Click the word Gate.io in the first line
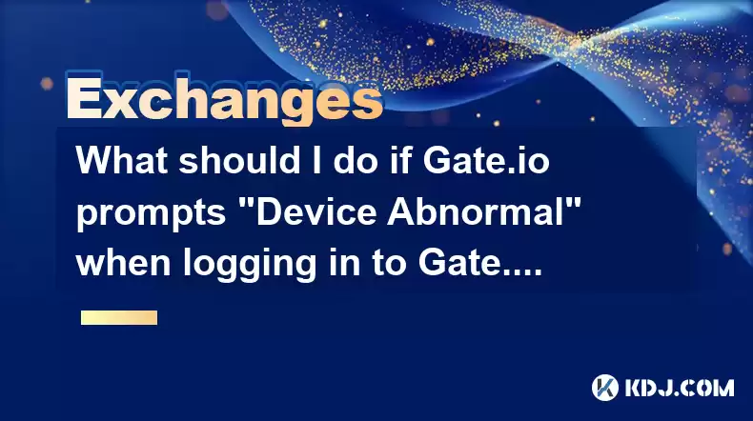point(486,160)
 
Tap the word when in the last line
point(123,264)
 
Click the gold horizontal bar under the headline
point(119,317)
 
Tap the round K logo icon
point(605,388)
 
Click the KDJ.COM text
point(680,388)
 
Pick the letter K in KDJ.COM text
point(634,388)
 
